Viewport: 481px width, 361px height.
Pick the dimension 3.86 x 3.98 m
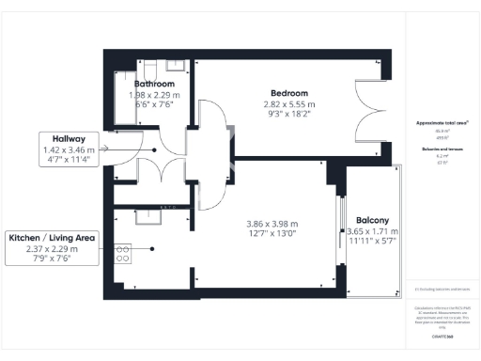tap(272, 224)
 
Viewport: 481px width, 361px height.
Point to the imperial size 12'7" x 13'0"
tap(272, 235)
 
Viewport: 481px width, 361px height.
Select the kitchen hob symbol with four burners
tap(123, 252)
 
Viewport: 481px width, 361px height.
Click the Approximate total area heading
tap(442, 123)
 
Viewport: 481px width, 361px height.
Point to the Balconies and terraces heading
tap(442, 149)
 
